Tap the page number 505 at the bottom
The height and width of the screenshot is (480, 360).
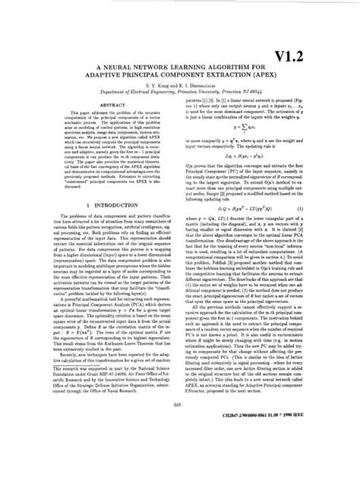[x=180, y=447]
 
